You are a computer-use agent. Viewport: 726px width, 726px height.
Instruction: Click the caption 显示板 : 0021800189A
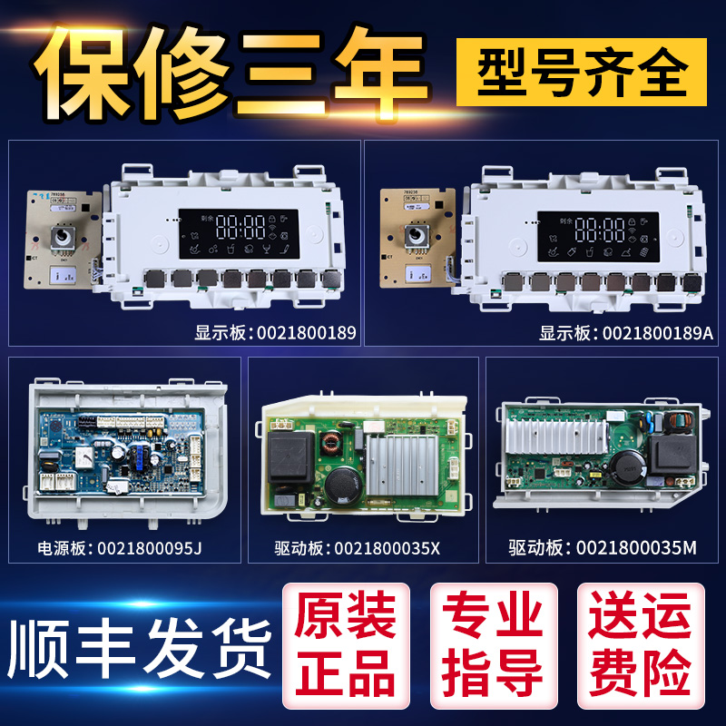[x=626, y=333]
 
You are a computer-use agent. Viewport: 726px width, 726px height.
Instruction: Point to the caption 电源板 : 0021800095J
[x=126, y=547]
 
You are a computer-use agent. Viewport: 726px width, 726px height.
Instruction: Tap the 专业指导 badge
[x=493, y=641]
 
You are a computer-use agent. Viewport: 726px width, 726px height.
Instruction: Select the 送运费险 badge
[x=639, y=641]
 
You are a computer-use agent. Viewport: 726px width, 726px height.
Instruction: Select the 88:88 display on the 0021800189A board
[x=599, y=228]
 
